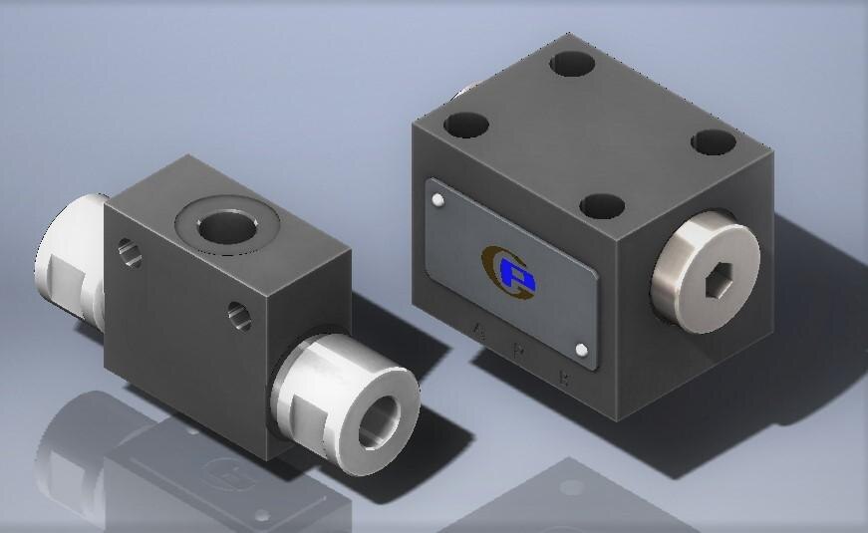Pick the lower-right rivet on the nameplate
pos(582,349)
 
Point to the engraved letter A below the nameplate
pos(482,327)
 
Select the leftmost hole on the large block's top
pos(466,126)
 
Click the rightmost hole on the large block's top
pos(713,141)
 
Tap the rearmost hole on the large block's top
pos(573,65)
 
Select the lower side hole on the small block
pos(235,316)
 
